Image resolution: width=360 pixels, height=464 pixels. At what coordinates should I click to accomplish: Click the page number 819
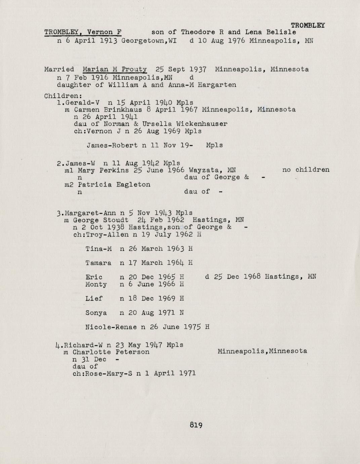(x=196, y=425)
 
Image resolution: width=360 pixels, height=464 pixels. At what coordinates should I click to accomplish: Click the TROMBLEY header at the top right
(x=308, y=25)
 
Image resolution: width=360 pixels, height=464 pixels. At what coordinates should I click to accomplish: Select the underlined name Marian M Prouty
(x=115, y=70)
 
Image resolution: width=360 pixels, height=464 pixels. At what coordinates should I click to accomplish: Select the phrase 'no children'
(x=306, y=170)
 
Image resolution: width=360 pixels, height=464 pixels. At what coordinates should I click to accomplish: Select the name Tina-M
(x=98, y=249)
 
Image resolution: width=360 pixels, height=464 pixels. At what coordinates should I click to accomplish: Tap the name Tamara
(x=98, y=263)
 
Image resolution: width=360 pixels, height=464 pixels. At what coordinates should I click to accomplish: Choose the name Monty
(x=96, y=284)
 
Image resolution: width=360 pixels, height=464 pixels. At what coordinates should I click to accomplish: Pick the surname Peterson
(x=132, y=352)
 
